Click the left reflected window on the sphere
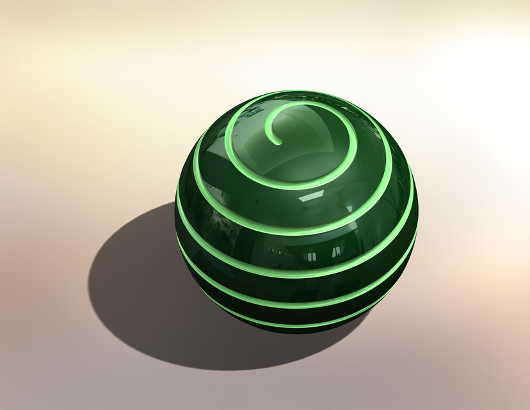click(x=310, y=257)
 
